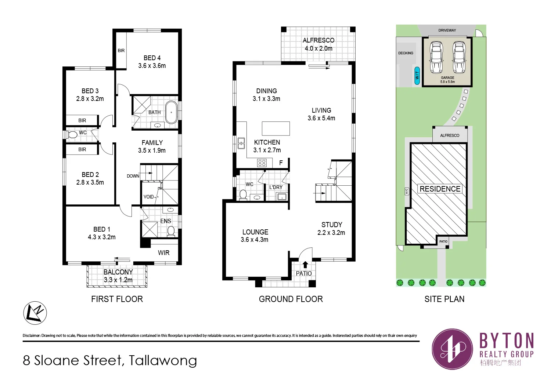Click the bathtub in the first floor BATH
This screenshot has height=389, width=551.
171,112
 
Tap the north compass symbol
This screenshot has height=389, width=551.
35,313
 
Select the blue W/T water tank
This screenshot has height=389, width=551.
417,76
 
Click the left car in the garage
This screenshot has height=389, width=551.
436,57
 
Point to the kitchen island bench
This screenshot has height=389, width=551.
276,128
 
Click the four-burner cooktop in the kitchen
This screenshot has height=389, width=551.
262,163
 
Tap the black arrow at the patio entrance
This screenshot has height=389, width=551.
305,265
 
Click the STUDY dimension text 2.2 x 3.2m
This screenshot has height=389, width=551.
331,233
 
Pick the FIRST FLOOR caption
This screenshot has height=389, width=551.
117,299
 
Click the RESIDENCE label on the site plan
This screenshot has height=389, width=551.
440,189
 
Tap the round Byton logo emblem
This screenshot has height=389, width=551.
452,349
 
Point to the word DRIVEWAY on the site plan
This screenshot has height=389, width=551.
447,30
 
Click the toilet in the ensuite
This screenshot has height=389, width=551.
171,232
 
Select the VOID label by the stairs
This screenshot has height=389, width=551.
148,197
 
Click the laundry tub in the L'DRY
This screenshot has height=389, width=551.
282,197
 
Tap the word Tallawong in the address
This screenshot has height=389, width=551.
163,360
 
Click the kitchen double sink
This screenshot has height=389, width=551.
241,143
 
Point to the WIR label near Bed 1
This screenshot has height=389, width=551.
163,252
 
